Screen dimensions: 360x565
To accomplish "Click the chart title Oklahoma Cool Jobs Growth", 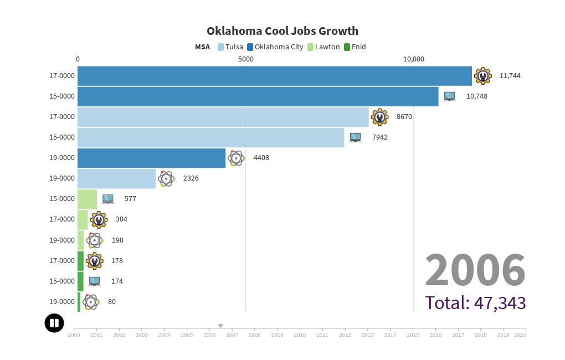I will point(282,31).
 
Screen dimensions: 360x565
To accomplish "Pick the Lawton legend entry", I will point(323,47).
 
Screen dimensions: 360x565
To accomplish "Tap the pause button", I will point(54,323).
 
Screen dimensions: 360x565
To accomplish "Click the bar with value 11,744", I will point(274,76).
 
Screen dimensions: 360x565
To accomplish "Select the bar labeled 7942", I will point(210,137).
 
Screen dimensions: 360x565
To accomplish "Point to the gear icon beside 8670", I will point(379,117).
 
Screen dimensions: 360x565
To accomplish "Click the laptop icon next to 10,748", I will point(449,96).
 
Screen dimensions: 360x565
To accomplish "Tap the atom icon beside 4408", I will point(237,158).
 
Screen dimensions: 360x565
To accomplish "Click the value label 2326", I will point(191,178).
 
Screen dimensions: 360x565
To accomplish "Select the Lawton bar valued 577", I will point(87,199).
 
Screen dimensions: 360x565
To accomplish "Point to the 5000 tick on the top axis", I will point(246,59).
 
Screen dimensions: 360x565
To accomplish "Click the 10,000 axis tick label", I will point(413,59).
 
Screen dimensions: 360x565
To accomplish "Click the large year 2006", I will point(475,270).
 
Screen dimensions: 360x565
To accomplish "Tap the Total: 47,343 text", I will point(475,302).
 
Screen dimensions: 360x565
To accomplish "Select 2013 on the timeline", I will point(367,335).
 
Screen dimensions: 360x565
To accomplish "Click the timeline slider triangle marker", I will point(220,326).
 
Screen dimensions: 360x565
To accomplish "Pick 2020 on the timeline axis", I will point(520,335).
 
